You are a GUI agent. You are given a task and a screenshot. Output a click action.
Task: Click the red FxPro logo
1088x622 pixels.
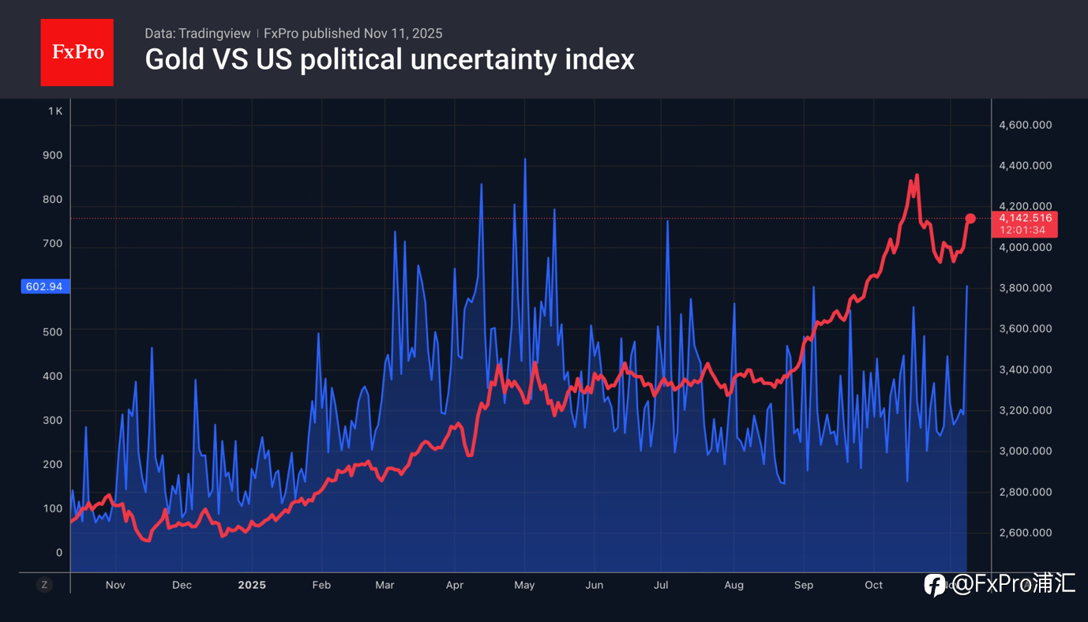pos(77,52)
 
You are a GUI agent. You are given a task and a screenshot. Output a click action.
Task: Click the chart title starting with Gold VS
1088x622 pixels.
pos(389,59)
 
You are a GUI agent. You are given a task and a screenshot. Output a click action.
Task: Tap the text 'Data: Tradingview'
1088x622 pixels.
pos(197,33)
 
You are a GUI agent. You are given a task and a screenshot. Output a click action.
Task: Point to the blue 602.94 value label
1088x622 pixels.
pos(44,287)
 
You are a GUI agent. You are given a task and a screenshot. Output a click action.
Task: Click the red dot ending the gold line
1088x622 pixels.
pos(970,219)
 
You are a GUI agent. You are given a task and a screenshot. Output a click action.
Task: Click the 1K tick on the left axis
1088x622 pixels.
pos(54,111)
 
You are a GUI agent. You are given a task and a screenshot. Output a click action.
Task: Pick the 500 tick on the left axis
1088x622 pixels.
pos(52,332)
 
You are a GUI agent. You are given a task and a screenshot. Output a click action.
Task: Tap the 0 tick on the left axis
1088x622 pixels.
pos(58,553)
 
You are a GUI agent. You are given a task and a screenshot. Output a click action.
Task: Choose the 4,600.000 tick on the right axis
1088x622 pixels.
pos(1025,125)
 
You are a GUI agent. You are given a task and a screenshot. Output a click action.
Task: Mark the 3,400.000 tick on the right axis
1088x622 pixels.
pos(1025,369)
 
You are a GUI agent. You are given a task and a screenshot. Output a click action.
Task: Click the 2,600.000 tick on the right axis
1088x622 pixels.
pos(1025,532)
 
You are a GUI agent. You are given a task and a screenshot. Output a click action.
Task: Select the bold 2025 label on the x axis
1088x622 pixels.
pos(252,585)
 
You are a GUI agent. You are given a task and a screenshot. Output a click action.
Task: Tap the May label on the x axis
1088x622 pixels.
pos(524,585)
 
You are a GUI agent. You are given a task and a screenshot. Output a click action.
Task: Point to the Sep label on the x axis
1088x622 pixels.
pos(803,585)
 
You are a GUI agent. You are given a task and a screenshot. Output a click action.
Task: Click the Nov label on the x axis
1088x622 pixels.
pos(115,585)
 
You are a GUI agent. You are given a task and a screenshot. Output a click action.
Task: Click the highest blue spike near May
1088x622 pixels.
pos(525,159)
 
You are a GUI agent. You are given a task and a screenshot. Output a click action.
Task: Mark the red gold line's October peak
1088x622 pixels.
pos(917,175)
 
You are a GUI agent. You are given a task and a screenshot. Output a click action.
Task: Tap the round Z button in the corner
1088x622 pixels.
pos(44,585)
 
